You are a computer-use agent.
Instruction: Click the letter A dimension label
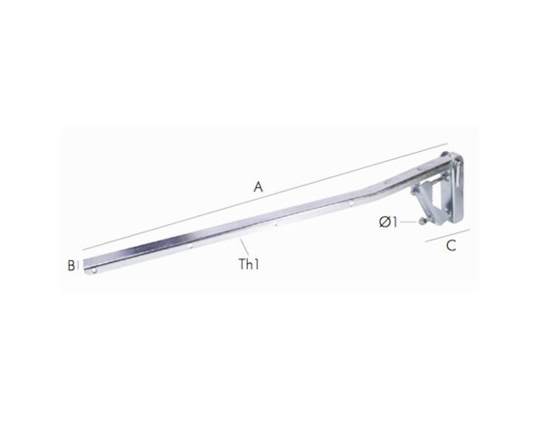[x=258, y=187]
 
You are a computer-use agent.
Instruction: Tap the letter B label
[x=71, y=266]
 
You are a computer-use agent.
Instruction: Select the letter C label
[x=451, y=246]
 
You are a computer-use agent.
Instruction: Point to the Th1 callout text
[x=249, y=264]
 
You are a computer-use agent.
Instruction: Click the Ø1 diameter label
[x=388, y=221]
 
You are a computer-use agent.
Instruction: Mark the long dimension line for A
[x=265, y=196]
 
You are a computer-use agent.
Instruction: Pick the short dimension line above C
[x=448, y=235]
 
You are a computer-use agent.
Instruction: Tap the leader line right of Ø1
[x=408, y=221]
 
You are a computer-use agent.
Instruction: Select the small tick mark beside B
[x=78, y=266]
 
